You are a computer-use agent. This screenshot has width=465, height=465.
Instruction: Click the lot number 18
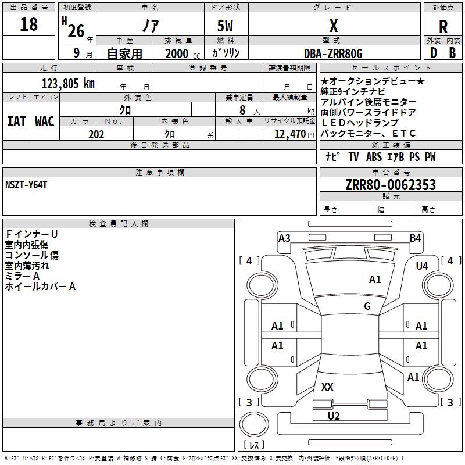[x=28, y=25]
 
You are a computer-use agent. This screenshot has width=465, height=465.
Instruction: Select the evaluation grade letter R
[x=443, y=27]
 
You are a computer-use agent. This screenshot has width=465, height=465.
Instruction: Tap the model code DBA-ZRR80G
[x=333, y=53]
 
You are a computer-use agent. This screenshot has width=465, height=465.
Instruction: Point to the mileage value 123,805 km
[x=67, y=83]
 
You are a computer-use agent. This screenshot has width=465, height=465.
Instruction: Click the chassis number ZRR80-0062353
[x=391, y=185]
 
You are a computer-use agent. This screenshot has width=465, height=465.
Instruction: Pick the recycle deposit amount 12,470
[x=289, y=134]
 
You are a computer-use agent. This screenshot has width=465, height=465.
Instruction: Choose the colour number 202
[x=96, y=134]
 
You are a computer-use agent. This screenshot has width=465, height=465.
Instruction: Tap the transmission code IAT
[x=16, y=121]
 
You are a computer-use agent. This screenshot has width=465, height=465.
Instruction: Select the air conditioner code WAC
[x=44, y=121]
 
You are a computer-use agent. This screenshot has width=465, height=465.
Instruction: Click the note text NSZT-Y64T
[x=26, y=184]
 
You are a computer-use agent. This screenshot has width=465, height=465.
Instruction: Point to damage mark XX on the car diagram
[x=327, y=387]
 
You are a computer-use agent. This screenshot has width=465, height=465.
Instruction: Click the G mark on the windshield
[x=367, y=306]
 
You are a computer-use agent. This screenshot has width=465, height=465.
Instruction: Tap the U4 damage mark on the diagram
[x=422, y=266]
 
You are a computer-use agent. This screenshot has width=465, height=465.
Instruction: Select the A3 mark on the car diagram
[x=284, y=238]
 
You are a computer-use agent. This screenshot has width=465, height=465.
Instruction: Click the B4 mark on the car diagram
[x=415, y=238]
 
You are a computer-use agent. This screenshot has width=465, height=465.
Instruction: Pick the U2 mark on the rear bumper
[x=334, y=416]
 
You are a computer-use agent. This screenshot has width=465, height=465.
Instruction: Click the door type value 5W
[x=227, y=26]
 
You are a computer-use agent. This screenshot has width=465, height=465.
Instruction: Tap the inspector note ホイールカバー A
[x=40, y=286]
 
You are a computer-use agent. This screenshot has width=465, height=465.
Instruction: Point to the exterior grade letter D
[x=433, y=53]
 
